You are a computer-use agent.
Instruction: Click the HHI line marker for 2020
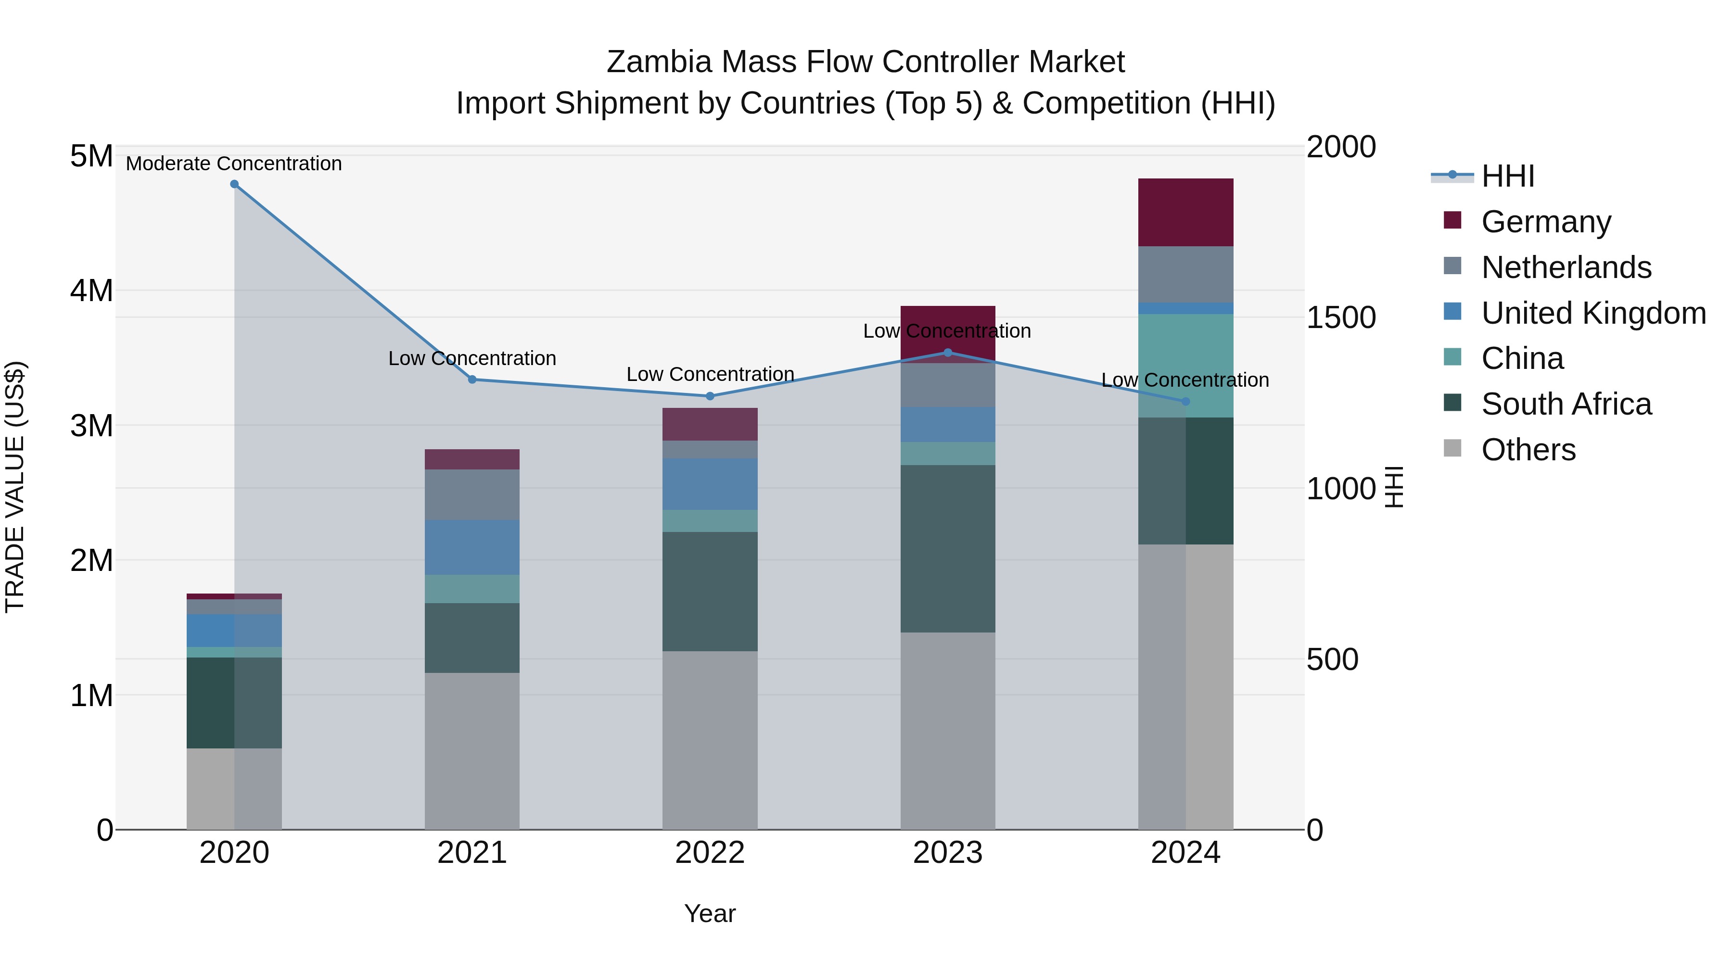tap(234, 184)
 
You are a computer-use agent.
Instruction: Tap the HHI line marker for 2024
tap(1185, 401)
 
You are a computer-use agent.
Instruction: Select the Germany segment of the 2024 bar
tap(1185, 213)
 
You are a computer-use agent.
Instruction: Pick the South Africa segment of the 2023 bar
tap(947, 548)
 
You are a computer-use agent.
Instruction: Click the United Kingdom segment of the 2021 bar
tap(472, 547)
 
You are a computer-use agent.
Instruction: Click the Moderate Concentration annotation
tap(234, 164)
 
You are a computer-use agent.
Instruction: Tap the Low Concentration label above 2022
tap(710, 374)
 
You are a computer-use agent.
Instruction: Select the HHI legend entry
tap(1507, 176)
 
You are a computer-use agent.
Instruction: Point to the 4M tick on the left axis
tap(91, 291)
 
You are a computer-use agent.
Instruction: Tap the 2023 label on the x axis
tap(947, 853)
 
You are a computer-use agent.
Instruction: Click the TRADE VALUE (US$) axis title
tap(15, 487)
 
